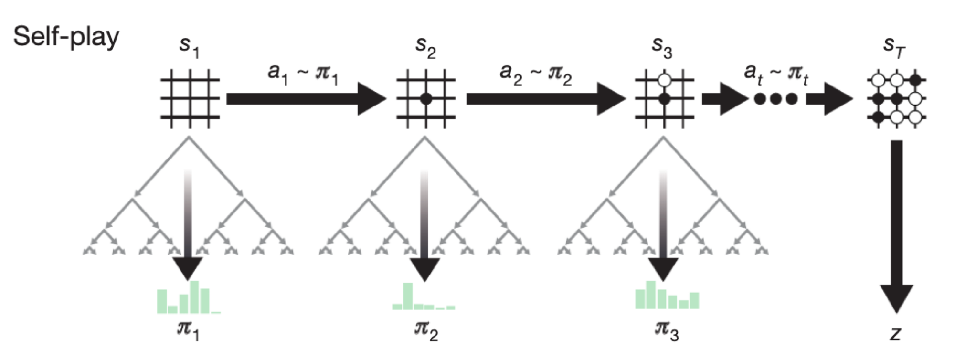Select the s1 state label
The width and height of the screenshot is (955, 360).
tap(189, 47)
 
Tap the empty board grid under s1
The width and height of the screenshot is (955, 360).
tap(190, 98)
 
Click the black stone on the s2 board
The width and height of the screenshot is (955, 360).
tap(426, 99)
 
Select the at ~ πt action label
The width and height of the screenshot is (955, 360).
tap(776, 74)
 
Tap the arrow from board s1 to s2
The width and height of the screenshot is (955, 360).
tap(306, 99)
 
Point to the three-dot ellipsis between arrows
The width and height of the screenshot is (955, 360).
tap(775, 99)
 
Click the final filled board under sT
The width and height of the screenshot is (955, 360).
tap(896, 99)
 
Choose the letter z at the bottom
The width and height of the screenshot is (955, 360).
tap(895, 333)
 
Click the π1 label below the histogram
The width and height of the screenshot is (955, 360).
tap(188, 329)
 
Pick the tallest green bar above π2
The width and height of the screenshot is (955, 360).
tap(408, 296)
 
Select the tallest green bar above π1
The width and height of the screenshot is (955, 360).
tap(194, 296)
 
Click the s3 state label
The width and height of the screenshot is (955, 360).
tap(662, 47)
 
